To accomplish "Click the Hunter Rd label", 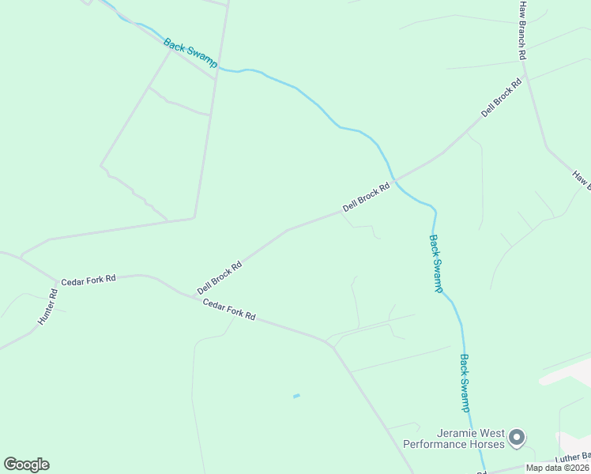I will pyautogui.click(x=48, y=307).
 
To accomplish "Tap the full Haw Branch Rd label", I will pyautogui.click(x=521, y=30).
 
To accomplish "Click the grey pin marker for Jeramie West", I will pyautogui.click(x=517, y=437).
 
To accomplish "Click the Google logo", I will pyautogui.click(x=26, y=465).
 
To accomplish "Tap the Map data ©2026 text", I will pyautogui.click(x=557, y=468).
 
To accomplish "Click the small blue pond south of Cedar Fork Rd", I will pyautogui.click(x=296, y=396).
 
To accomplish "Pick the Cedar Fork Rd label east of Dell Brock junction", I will pyautogui.click(x=229, y=309).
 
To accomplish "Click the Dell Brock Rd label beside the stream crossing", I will pyautogui.click(x=367, y=197).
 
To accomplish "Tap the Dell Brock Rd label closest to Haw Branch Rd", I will pyautogui.click(x=502, y=97).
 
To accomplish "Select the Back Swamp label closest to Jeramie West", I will pyautogui.click(x=465, y=383).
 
